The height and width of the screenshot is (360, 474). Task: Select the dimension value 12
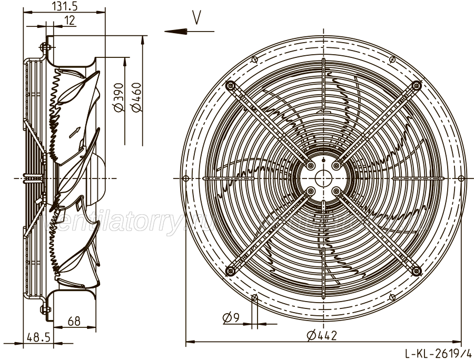point(69,20)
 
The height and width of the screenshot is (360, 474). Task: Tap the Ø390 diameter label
point(118,97)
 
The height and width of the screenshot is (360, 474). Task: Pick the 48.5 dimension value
point(37,337)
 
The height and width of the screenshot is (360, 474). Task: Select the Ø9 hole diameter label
point(231,317)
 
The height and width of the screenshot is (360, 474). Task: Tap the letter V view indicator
point(196,18)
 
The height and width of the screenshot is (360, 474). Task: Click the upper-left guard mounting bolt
point(229,85)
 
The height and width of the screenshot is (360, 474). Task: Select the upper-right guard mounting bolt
point(417,85)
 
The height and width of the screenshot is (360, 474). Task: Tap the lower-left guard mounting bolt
point(230,271)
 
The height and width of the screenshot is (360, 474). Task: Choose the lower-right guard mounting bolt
point(417,271)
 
